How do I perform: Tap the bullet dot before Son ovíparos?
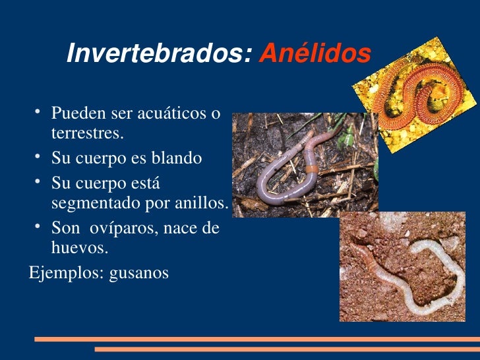[40, 226]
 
